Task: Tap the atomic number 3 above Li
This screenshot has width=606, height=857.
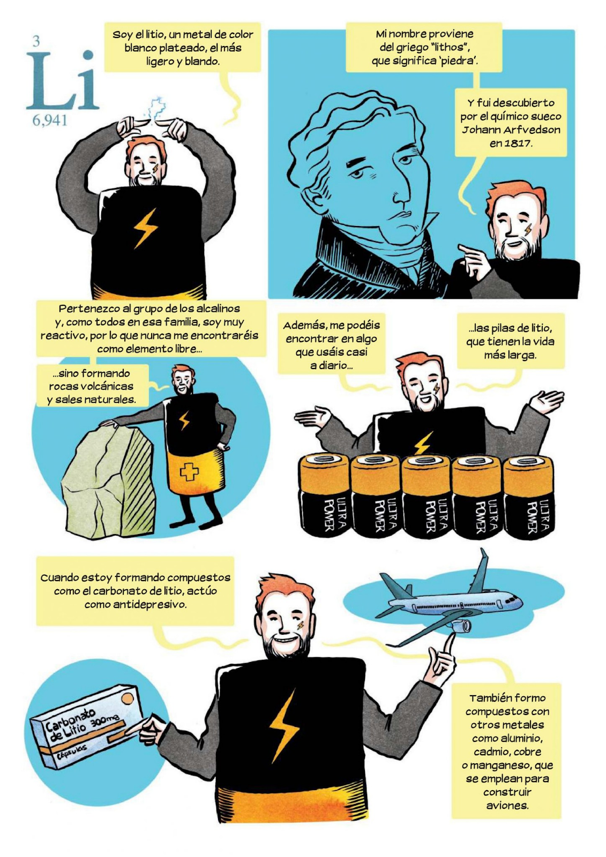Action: pos(36,41)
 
